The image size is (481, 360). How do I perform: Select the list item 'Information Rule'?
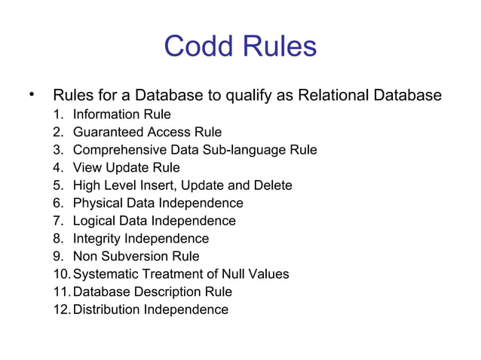121,114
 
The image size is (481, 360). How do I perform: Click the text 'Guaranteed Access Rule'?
136,132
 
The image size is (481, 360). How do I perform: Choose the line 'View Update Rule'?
126,167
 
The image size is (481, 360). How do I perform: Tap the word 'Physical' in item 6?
97,203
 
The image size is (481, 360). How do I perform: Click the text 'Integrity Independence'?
141,239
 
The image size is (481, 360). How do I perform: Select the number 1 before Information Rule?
60,114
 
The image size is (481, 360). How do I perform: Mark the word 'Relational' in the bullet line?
332,96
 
